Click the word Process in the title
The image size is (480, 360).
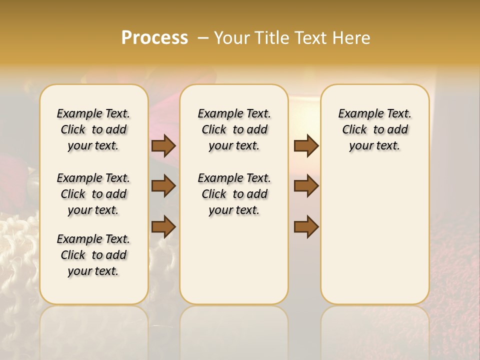click(154, 37)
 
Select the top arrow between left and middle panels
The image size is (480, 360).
click(163, 145)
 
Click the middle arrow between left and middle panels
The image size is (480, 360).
click(163, 186)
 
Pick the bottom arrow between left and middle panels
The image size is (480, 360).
click(163, 226)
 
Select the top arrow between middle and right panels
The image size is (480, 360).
click(306, 145)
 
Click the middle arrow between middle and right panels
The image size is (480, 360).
click(306, 186)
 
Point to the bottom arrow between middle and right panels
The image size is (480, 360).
click(306, 226)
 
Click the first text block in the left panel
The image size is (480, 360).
click(93, 129)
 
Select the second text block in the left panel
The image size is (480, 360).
click(93, 194)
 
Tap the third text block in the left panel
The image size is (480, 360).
click(93, 255)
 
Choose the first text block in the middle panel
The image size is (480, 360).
click(234, 129)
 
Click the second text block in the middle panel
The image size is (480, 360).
click(234, 194)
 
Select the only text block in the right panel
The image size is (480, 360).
click(374, 129)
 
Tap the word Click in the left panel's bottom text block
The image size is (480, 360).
click(73, 255)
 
